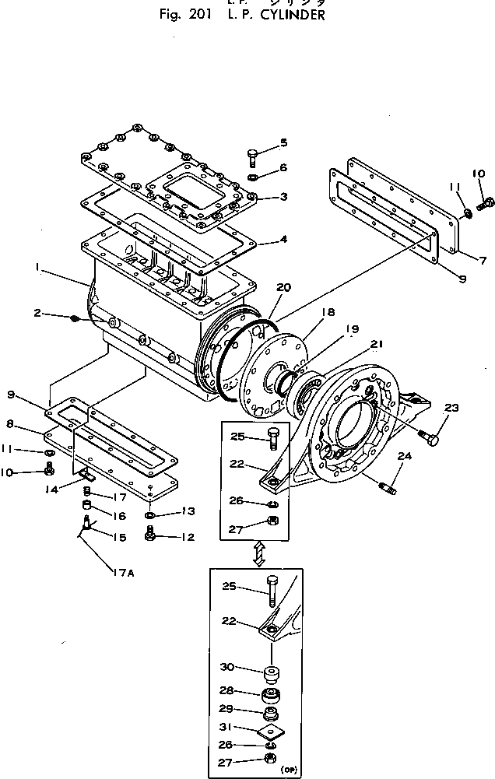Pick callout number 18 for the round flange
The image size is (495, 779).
click(x=328, y=312)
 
